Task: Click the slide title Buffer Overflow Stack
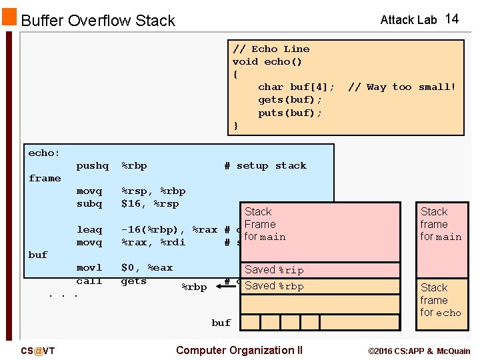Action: tap(98, 21)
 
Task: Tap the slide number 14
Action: tap(451, 19)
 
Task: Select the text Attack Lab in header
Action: tap(408, 20)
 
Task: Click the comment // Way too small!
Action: tap(401, 87)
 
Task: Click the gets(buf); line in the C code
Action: tap(290, 99)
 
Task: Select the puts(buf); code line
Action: tap(290, 113)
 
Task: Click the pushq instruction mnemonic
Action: tap(92, 165)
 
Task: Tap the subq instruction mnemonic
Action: tap(89, 203)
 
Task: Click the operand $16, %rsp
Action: tap(150, 203)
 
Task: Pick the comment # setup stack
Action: tap(265, 165)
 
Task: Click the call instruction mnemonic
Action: tap(89, 281)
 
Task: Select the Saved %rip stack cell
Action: tap(274, 270)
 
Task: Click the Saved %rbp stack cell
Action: tap(274, 286)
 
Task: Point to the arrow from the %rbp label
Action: tap(225, 287)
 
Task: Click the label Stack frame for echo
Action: tap(440, 300)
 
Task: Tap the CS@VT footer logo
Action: tap(38, 351)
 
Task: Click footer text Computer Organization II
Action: tap(239, 350)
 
